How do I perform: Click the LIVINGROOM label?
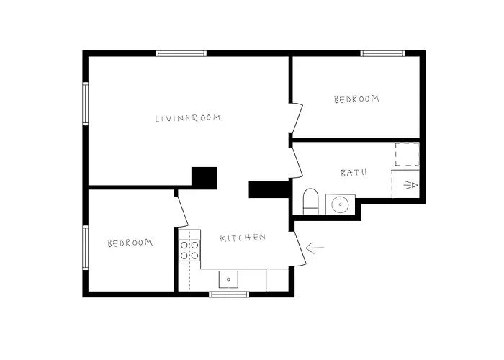(x=188, y=118)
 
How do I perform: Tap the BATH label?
(x=354, y=173)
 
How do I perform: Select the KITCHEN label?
(x=243, y=238)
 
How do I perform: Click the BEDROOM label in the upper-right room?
(x=356, y=99)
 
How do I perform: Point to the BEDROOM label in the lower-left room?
(x=130, y=243)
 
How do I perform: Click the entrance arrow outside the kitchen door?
(x=315, y=248)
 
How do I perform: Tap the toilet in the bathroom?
(x=310, y=201)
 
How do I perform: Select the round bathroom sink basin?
(x=340, y=204)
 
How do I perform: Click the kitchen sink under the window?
(x=228, y=279)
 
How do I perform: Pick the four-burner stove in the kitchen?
(x=189, y=251)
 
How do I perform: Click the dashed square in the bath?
(x=407, y=154)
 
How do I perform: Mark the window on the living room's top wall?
(x=181, y=53)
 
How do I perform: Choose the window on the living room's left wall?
(x=85, y=104)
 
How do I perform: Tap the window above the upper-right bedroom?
(x=382, y=53)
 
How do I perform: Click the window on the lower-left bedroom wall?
(x=85, y=248)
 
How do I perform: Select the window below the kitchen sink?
(x=229, y=294)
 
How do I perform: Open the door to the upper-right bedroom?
(x=297, y=118)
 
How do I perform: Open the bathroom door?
(x=297, y=162)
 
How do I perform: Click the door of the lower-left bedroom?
(x=183, y=212)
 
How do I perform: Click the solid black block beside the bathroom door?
(x=269, y=189)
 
